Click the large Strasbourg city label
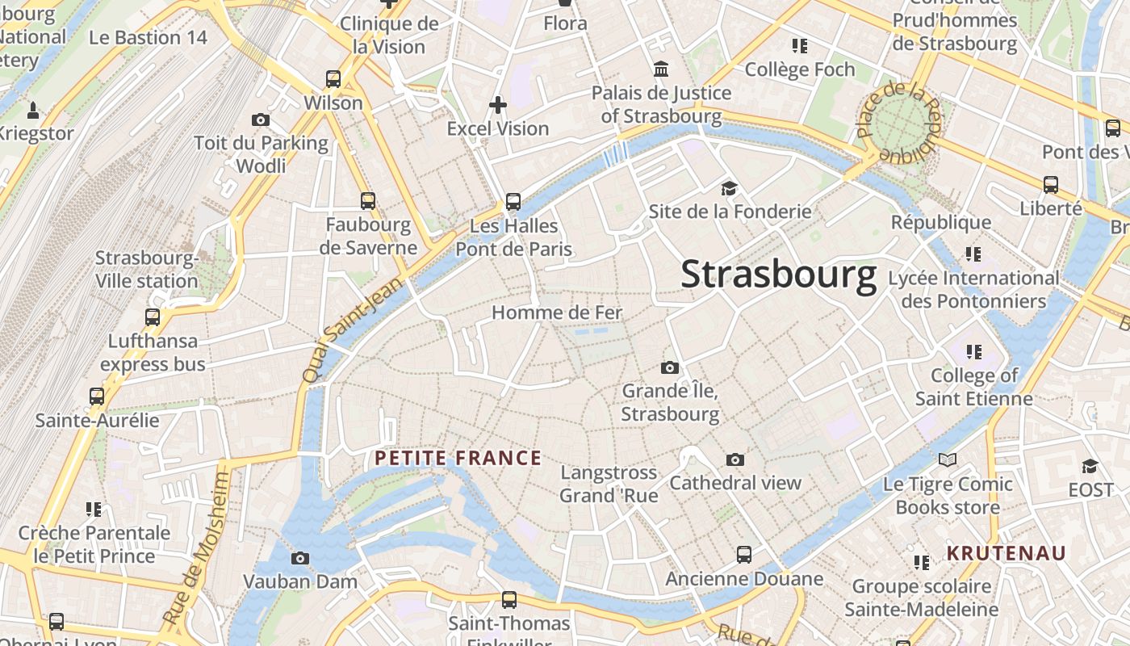click(x=778, y=275)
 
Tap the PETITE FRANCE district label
click(x=458, y=459)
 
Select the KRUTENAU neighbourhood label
click(x=1007, y=554)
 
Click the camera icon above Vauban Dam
click(x=299, y=558)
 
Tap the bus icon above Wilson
click(x=333, y=79)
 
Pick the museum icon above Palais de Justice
click(x=662, y=69)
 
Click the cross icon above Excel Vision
click(x=498, y=104)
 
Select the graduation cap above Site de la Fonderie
click(x=730, y=188)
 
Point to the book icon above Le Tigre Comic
click(x=948, y=459)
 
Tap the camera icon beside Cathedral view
click(x=734, y=459)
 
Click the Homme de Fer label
click(x=557, y=313)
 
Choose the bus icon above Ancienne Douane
click(x=744, y=555)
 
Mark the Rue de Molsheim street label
click(x=196, y=549)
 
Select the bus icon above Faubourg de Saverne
click(x=368, y=200)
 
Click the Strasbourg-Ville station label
click(x=147, y=270)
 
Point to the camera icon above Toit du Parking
click(x=261, y=120)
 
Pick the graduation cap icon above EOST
click(x=1090, y=466)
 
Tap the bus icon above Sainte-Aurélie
click(x=97, y=396)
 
